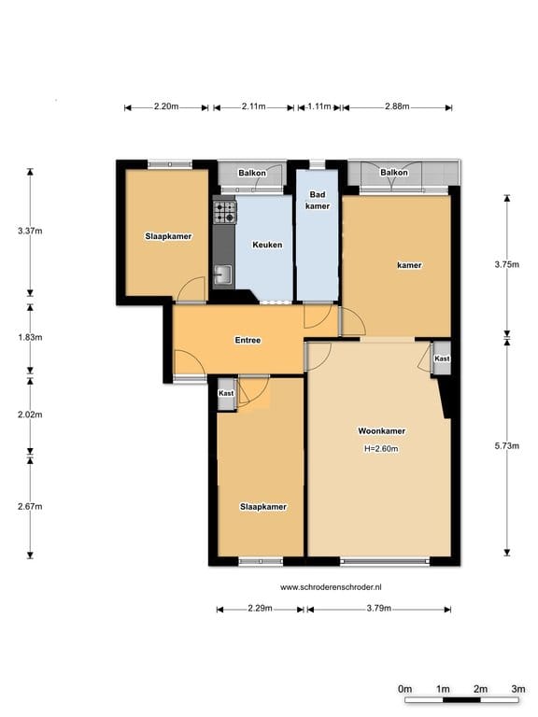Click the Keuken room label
267,246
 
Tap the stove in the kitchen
225,212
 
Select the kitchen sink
224,275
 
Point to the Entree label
248,340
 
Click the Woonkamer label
381,431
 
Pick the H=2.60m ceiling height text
381,449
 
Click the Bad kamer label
318,201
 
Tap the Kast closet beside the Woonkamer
442,358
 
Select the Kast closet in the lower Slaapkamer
226,393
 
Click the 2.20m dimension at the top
166,106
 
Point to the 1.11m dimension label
319,106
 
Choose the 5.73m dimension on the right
507,446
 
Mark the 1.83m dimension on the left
30,337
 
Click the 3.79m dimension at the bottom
379,608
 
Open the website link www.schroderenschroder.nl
331,587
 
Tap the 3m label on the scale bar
518,689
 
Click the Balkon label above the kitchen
252,173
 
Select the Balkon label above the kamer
394,173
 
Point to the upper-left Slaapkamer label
168,236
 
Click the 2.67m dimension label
30,507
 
